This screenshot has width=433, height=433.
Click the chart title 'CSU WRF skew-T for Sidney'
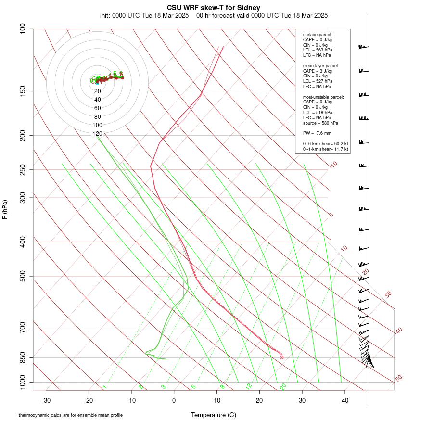coord(214,8)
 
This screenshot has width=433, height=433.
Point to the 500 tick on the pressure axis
coord(22,276)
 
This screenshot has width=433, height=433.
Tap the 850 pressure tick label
coord(22,357)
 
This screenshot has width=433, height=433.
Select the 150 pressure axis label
coord(22,91)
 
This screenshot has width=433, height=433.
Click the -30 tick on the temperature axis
coord(46,400)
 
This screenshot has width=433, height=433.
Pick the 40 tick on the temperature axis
coord(345,400)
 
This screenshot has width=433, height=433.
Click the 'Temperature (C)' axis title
coord(213,415)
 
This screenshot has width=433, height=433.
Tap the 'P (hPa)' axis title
coord(5,209)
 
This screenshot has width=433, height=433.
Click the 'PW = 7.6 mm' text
coord(317,133)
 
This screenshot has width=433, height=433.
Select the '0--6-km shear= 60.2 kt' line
coord(325,143)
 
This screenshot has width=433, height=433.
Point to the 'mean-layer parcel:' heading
coord(321,65)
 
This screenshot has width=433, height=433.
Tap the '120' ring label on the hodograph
coord(97,134)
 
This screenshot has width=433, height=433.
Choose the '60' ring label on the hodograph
coord(97,108)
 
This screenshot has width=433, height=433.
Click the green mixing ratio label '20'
coord(283,386)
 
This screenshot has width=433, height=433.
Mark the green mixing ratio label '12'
coord(249,386)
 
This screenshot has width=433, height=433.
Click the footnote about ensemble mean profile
coord(71,415)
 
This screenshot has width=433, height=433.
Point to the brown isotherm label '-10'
coord(333,165)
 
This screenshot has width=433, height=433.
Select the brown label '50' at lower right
coord(398,379)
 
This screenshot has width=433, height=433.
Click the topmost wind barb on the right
coord(363,47)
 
